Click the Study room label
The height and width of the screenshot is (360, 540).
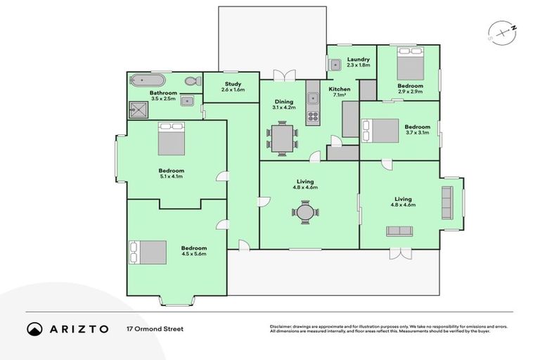coord(233,84)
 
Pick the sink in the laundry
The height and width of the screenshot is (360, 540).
coord(335,64)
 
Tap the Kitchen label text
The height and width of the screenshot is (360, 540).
coord(340,89)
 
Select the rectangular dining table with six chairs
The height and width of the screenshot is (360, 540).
coord(282,138)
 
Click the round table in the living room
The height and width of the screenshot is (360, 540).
coord(305,212)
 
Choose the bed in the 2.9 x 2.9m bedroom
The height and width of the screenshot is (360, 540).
coord(409,68)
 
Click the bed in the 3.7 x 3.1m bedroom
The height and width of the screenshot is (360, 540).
coord(380,130)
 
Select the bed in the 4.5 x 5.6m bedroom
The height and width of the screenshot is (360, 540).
coord(148,252)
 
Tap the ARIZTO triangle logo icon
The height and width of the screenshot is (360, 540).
coord(34,328)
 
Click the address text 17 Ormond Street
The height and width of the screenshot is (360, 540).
coord(155,328)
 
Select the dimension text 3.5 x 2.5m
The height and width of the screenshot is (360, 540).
coord(162,98)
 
